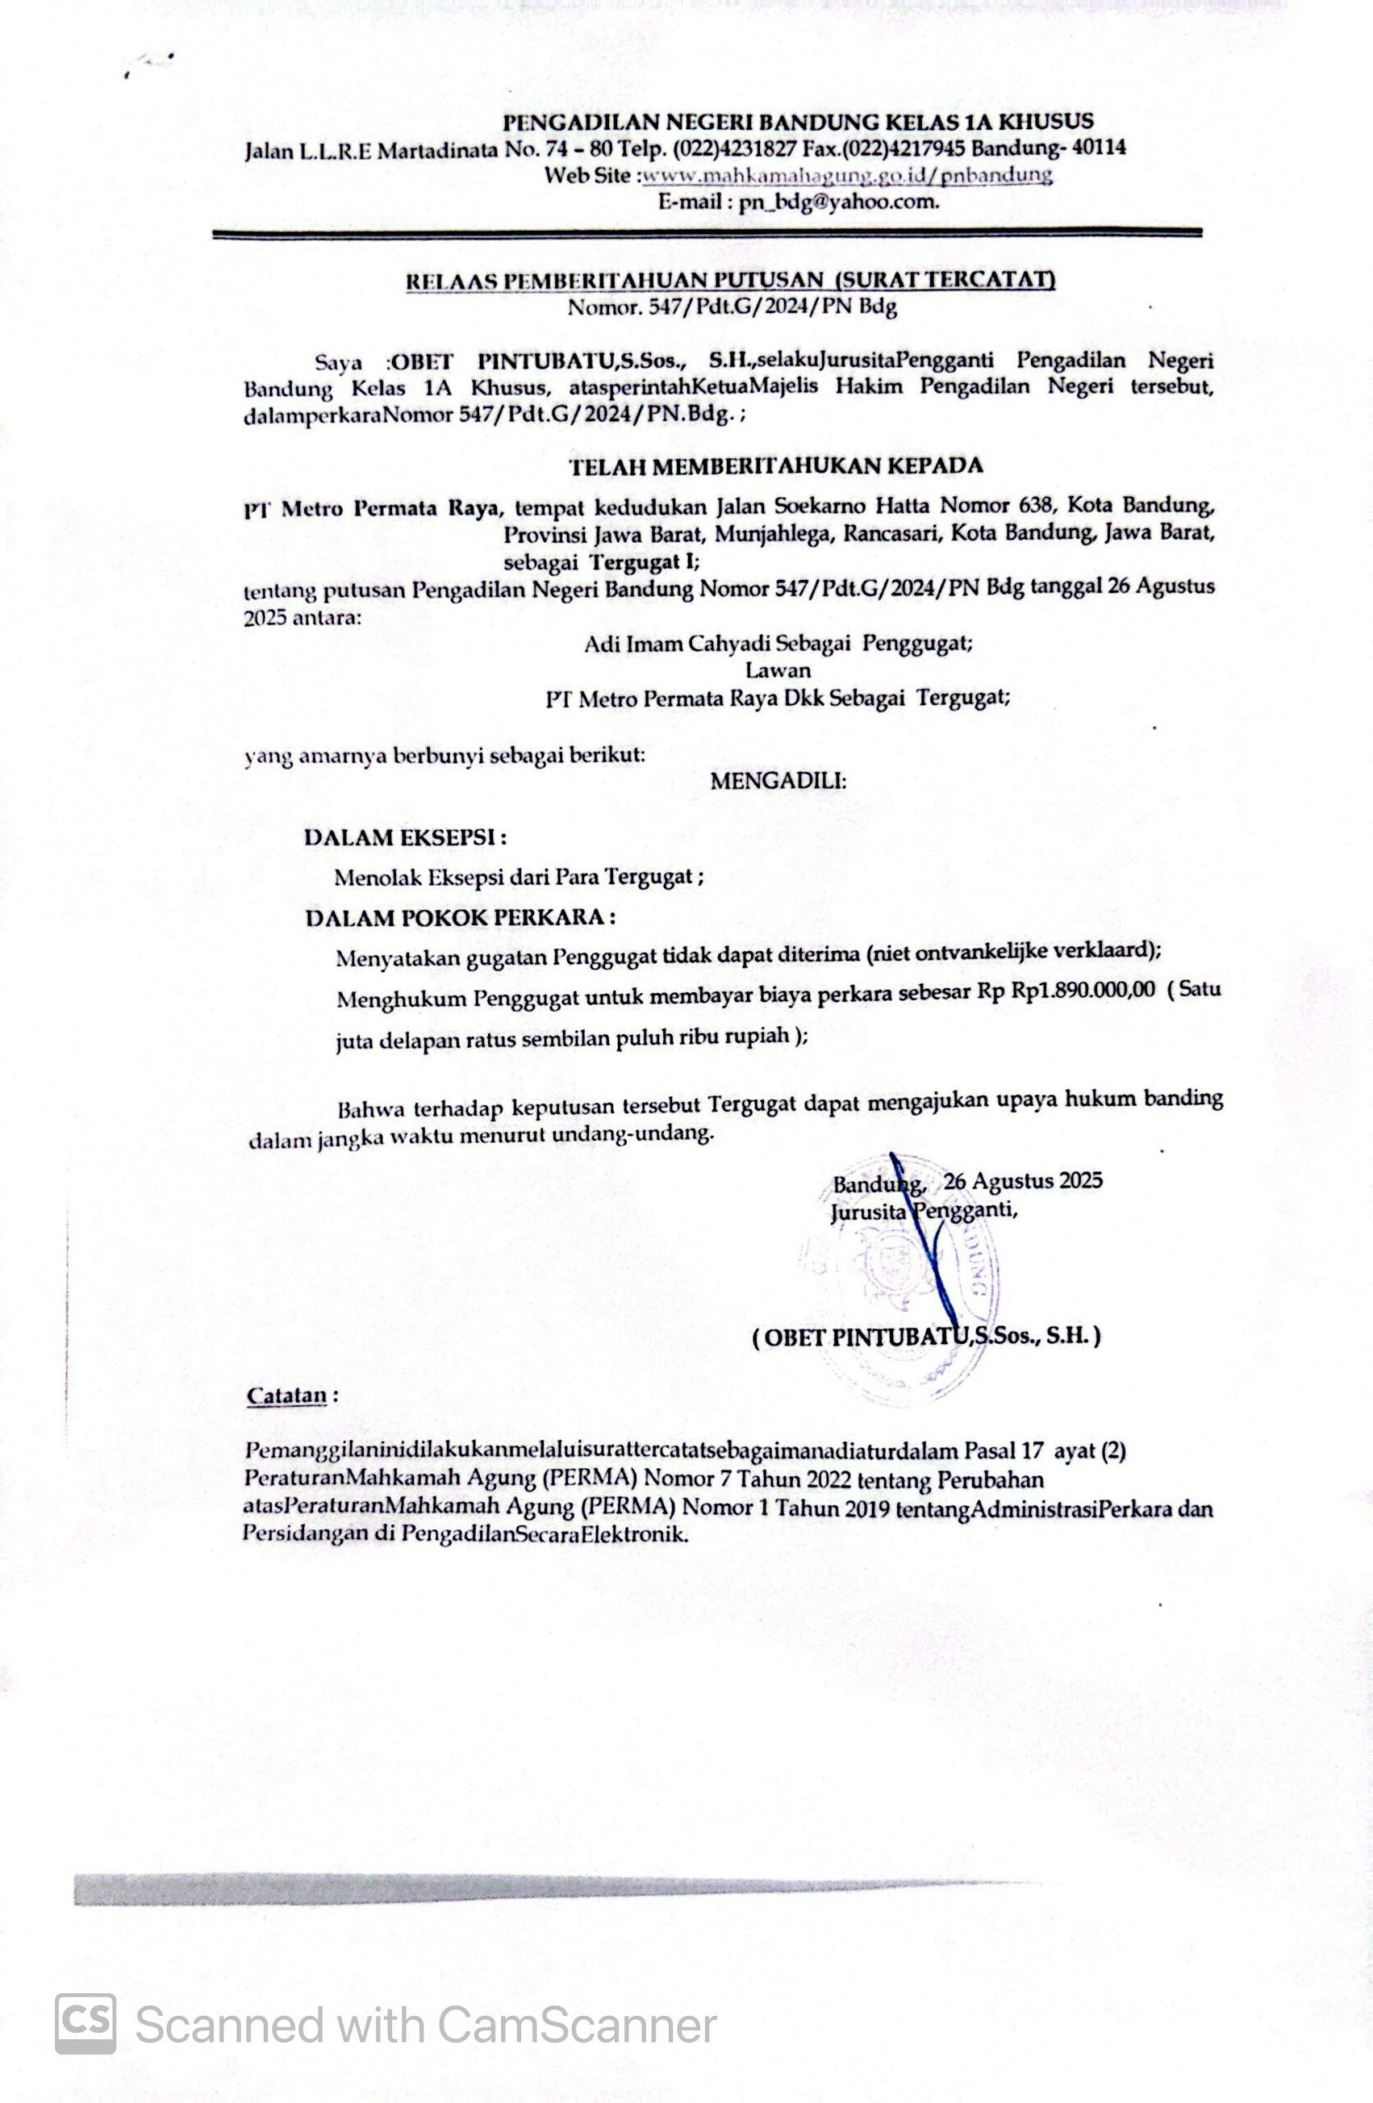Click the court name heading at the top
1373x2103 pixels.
coord(798,121)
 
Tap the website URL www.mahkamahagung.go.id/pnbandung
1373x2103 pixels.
coord(846,175)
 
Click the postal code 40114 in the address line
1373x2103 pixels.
coord(1099,148)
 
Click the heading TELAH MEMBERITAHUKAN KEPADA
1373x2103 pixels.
coord(776,466)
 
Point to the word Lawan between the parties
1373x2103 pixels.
coord(778,670)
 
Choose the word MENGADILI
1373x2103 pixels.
coord(778,781)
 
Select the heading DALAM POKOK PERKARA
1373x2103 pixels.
coord(460,918)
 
